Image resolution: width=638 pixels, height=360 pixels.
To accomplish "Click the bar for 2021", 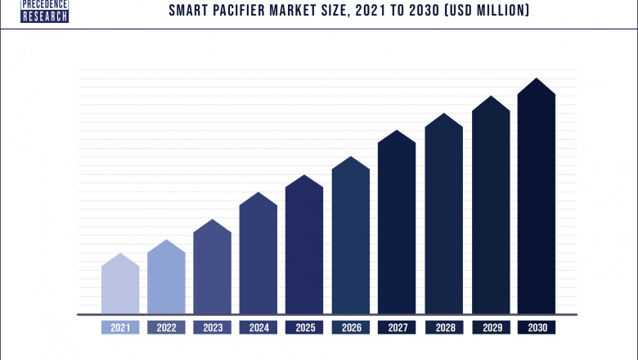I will [120, 286].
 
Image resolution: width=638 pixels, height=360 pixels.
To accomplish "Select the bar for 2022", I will [166, 280].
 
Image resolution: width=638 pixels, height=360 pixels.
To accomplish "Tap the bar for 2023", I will [212, 270].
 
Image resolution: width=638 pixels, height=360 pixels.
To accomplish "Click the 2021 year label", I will [120, 328].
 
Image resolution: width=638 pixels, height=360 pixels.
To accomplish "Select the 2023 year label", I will [212, 328].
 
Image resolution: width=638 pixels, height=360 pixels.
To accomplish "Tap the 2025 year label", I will [304, 328].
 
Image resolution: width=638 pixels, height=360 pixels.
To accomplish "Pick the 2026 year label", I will [350, 328].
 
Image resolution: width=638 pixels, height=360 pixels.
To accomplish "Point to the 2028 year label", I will [443, 328].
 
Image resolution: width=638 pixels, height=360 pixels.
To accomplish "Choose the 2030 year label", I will [536, 328].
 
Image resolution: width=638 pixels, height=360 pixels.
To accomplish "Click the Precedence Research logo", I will [44, 11].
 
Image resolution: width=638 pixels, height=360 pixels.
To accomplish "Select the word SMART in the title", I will [190, 11].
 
